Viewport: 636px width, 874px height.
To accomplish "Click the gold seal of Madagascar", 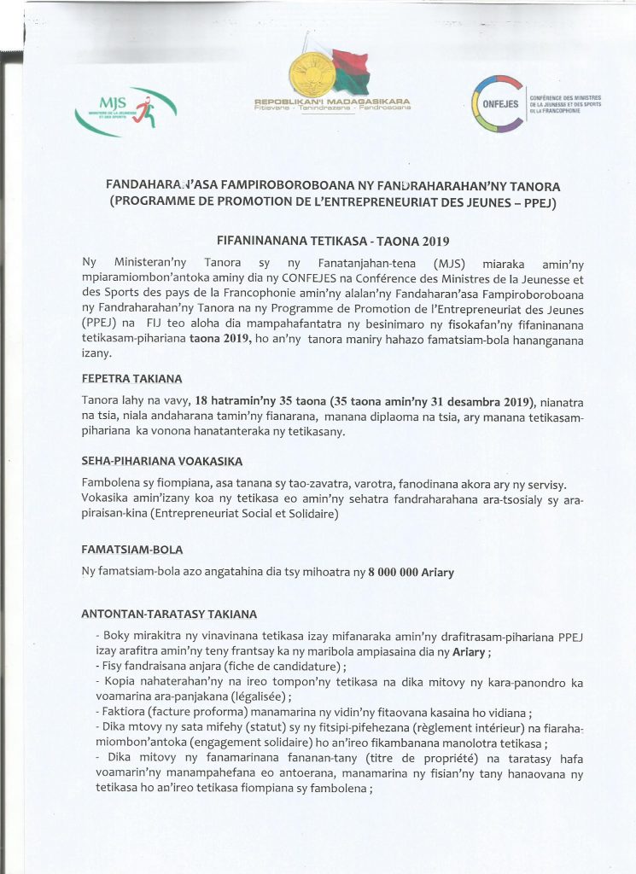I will click(311, 72).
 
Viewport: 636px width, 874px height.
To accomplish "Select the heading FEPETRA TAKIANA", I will click(131, 378).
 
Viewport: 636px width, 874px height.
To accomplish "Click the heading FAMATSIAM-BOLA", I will click(131, 550).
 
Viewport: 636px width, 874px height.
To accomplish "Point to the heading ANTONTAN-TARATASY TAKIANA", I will click(168, 614).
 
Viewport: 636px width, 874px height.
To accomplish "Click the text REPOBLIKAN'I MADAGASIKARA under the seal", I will click(331, 102).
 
